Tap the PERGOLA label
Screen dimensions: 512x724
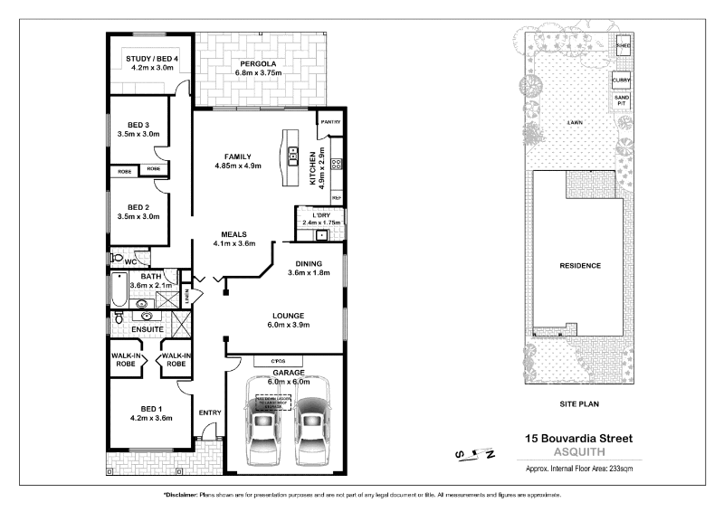click(x=257, y=63)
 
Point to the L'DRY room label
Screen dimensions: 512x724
click(x=320, y=213)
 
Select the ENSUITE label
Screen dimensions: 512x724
click(x=147, y=329)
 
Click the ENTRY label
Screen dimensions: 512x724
click(x=210, y=413)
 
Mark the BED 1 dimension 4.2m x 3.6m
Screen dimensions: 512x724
click(x=151, y=418)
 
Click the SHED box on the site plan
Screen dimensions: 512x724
click(x=623, y=44)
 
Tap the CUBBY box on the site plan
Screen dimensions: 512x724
click(x=622, y=80)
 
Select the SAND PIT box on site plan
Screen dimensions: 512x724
click(x=622, y=100)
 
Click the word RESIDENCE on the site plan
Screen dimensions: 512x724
click(x=581, y=266)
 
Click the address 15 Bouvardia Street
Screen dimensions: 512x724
click(x=579, y=439)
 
